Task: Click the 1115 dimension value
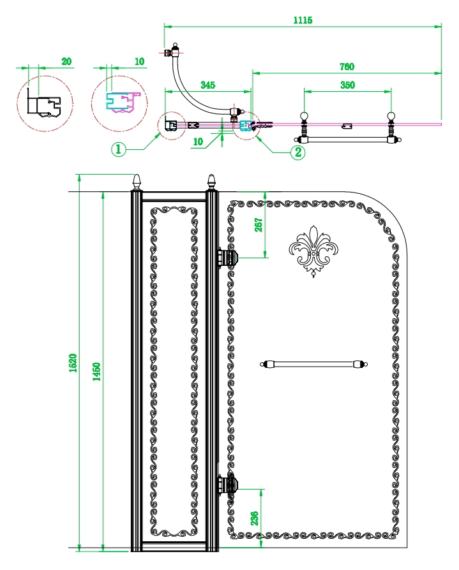coord(303,20)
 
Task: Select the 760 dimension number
coord(347,66)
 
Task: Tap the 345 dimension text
coord(207,85)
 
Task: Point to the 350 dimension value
coord(347,85)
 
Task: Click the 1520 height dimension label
coord(73,362)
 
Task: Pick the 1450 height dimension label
coord(96,371)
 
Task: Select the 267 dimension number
coord(259,225)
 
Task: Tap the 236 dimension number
coord(255,518)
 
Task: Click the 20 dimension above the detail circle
coord(66,61)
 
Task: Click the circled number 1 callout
coord(118,149)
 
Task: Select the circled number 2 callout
coord(297,152)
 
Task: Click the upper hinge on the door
coord(228,258)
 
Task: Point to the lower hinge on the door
coord(228,485)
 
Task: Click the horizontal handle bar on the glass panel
coord(313,364)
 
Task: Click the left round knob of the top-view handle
coord(305,116)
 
